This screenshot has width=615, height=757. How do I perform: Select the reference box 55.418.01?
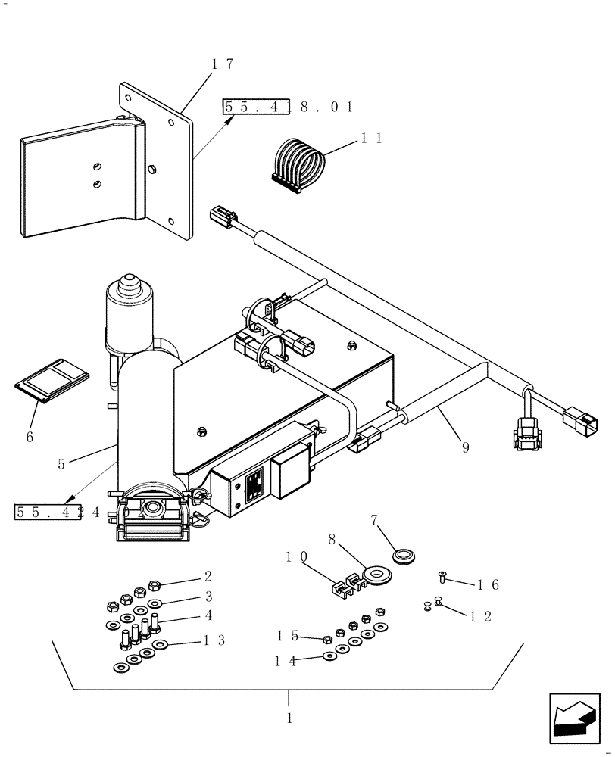[x=289, y=107]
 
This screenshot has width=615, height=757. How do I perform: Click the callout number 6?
[x=30, y=437]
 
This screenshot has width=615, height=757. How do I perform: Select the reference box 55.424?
[x=58, y=511]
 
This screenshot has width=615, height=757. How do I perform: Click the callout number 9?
[x=465, y=447]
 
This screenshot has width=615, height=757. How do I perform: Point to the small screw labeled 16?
[x=443, y=578]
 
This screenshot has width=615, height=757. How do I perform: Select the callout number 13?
[x=214, y=640]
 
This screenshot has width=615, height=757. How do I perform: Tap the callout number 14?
[x=286, y=661]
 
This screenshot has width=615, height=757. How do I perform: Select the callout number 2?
[x=208, y=576]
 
